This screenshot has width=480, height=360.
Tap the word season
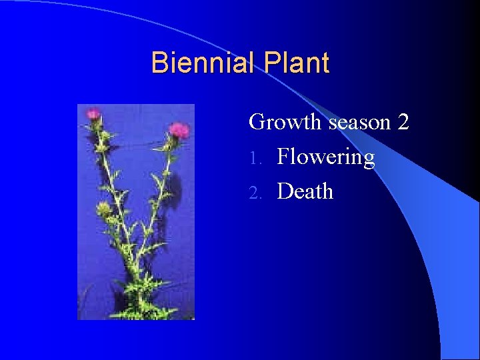pyautogui.click(x=359, y=123)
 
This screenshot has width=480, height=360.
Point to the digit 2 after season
pyautogui.click(x=403, y=123)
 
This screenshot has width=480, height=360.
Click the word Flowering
pyautogui.click(x=326, y=158)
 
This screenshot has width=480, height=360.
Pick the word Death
pyautogui.click(x=305, y=191)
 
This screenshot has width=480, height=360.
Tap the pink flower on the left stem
pyautogui.click(x=93, y=115)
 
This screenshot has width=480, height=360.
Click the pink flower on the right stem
pyautogui.click(x=178, y=129)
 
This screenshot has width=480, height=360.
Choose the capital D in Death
pyautogui.click(x=285, y=191)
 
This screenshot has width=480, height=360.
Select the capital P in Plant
pyautogui.click(x=272, y=63)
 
